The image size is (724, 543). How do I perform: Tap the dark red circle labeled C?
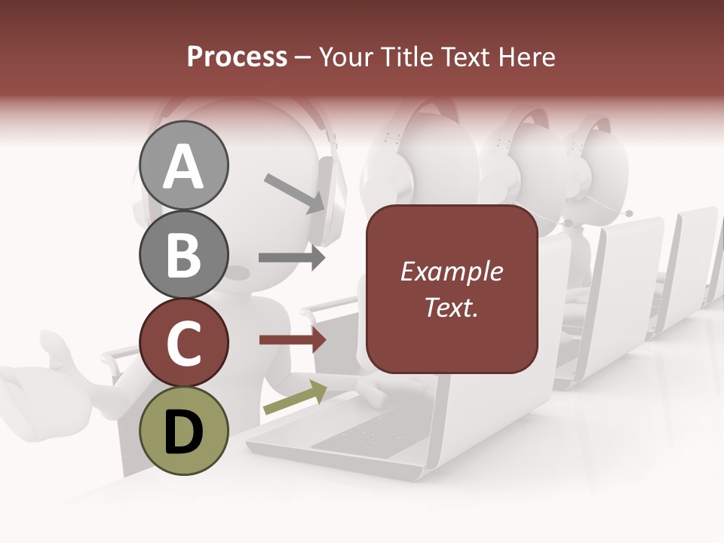point(183,342)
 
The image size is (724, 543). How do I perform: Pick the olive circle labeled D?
point(183,431)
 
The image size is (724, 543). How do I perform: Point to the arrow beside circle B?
point(291,257)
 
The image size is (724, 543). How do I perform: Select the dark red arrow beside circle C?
point(292,340)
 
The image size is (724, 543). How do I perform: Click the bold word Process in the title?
point(237,57)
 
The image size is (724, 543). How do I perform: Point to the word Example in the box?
point(451,271)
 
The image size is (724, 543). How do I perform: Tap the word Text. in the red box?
point(451,307)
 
